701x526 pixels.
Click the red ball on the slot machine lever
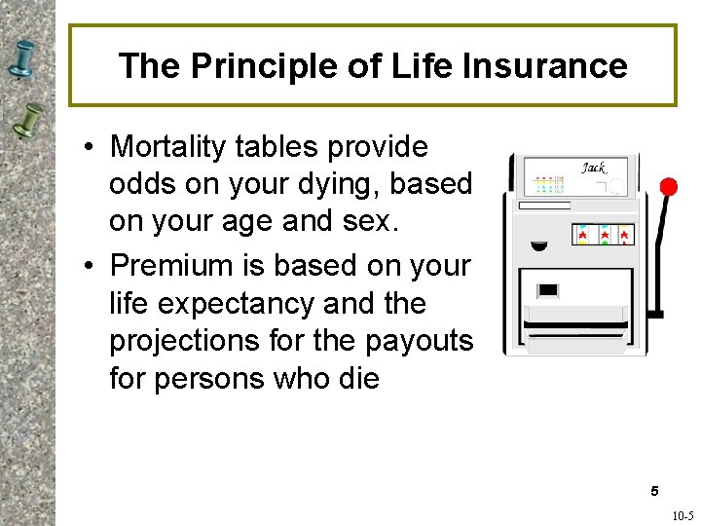pos(668,186)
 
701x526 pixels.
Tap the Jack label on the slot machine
pos(593,168)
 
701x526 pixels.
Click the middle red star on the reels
pos(603,235)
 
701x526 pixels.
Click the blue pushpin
pos(22,59)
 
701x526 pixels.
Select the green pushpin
pos(30,119)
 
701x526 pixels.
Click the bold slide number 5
pos(655,490)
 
